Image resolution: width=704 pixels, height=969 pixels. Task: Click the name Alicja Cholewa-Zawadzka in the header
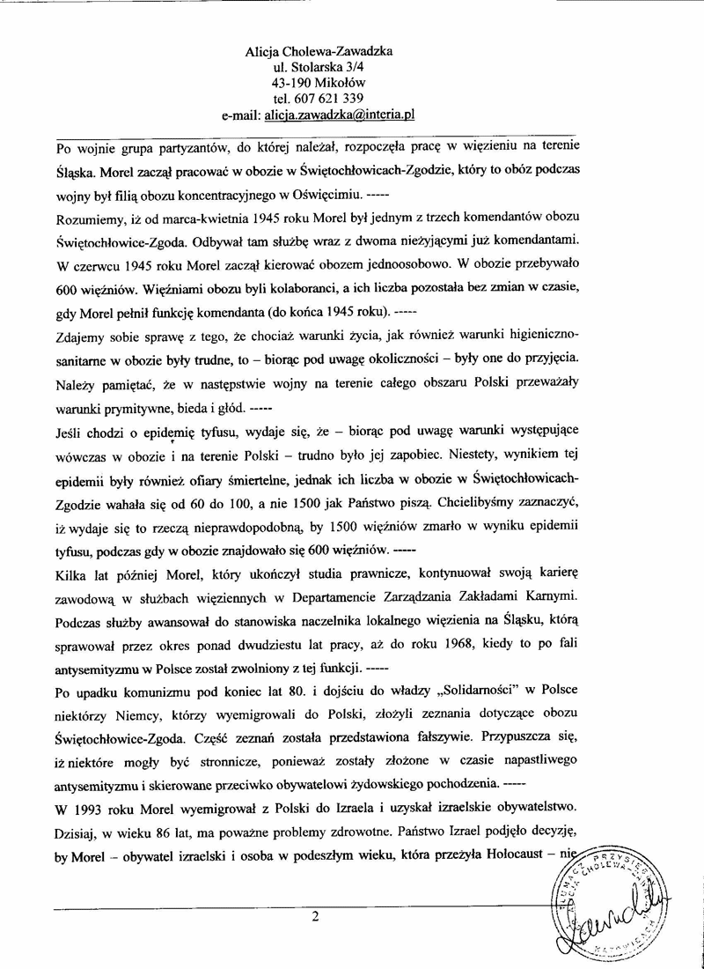click(319, 51)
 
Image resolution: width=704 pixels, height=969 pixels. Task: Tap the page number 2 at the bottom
click(314, 916)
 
